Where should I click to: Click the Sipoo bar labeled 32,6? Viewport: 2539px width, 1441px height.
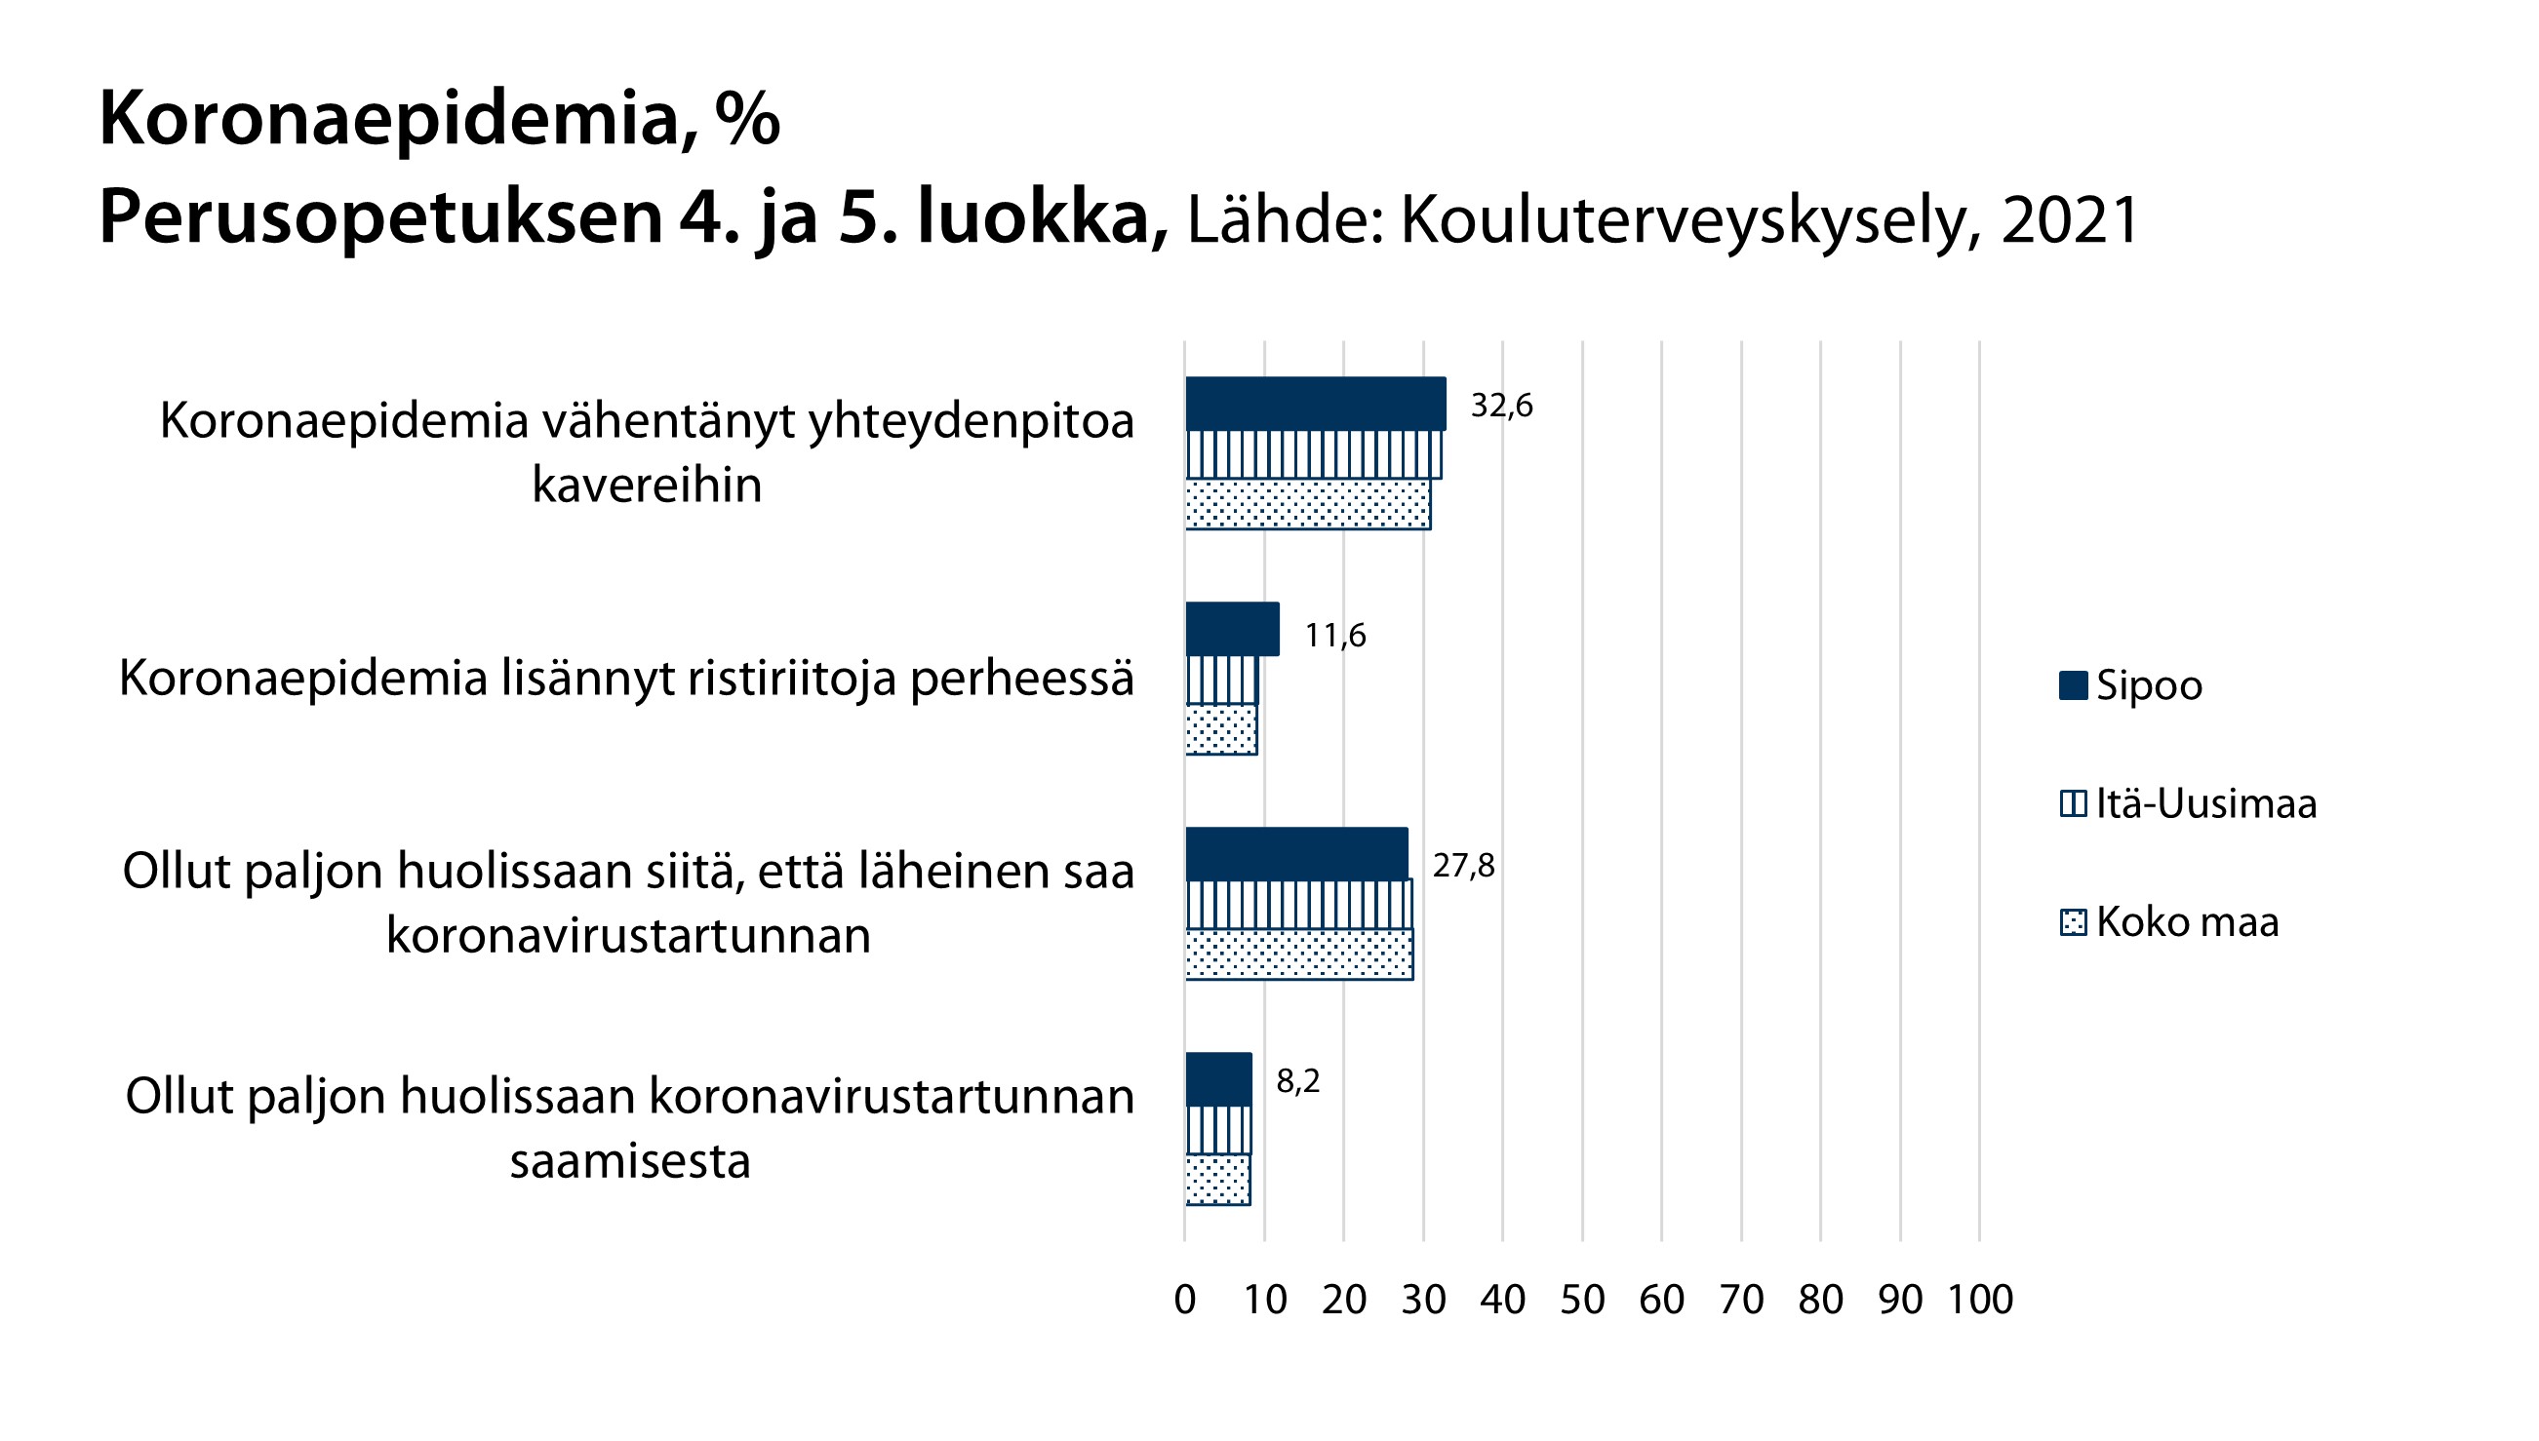tap(1315, 404)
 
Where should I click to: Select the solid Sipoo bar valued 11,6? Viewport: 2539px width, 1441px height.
tap(1231, 629)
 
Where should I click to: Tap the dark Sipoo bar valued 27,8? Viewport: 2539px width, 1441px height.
tap(1295, 854)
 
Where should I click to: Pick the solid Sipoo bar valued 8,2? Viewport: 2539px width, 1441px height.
tap(1217, 1078)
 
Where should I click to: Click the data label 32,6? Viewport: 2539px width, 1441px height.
tap(1500, 406)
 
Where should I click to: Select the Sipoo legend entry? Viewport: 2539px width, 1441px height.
tap(2148, 685)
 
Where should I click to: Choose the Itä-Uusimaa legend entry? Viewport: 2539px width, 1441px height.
tap(2205, 803)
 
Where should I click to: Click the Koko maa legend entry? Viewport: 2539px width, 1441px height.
tap(2187, 922)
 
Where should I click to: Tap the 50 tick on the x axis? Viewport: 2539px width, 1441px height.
tap(1582, 1300)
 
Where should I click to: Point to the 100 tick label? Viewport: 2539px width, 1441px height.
tap(1980, 1300)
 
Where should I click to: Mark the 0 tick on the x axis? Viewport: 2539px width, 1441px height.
tap(1185, 1300)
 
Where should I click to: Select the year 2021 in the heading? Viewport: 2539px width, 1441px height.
tap(2070, 219)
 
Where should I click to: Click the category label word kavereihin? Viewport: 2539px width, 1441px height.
tap(647, 485)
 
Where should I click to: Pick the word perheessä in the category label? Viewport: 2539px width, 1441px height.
tap(1021, 679)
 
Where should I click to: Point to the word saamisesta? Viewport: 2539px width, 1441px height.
tap(629, 1161)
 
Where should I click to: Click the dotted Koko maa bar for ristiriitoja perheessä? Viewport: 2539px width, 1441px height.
tap(1220, 729)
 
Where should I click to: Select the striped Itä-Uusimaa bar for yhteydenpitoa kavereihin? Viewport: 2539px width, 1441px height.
tap(1313, 455)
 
